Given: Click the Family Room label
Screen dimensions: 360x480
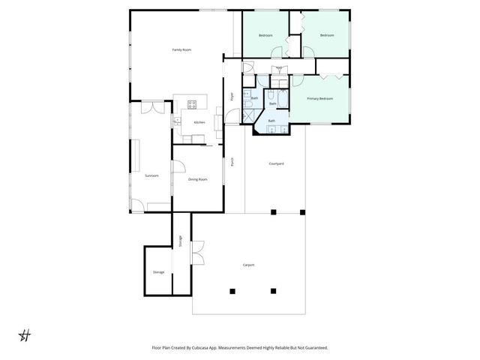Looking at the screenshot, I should (181, 49).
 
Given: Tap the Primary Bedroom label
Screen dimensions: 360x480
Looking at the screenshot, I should (320, 98).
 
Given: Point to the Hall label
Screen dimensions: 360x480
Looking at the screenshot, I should (278, 68).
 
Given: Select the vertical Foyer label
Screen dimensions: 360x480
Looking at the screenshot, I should (232, 96).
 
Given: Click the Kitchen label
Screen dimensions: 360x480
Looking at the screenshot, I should (199, 122).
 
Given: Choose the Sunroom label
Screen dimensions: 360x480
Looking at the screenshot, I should (151, 175).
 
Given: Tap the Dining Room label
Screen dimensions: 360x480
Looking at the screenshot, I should (197, 179).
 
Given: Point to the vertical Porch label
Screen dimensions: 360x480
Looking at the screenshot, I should (232, 161).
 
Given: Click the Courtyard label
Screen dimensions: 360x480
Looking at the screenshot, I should (275, 163).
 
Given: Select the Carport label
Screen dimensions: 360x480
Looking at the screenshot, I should (248, 265).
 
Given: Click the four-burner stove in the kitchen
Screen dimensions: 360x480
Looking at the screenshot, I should (191, 103).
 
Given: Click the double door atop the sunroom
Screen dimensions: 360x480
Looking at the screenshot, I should (151, 106).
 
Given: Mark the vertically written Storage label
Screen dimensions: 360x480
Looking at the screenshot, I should (180, 241).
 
